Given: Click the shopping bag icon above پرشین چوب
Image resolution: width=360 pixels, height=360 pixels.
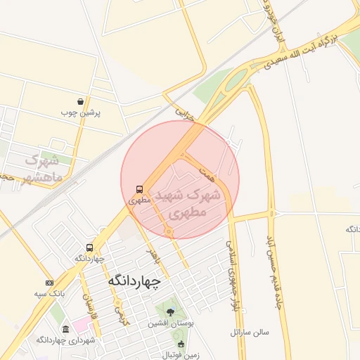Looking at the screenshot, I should [x=81, y=101].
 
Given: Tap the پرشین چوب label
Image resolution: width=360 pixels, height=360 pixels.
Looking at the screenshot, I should [x=81, y=112].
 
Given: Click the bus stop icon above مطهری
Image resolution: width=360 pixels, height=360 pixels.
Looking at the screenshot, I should [x=139, y=189].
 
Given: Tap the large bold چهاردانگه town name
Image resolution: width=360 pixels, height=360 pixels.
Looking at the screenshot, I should [x=134, y=281].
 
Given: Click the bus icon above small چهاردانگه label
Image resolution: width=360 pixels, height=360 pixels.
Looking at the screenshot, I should [x=89, y=247].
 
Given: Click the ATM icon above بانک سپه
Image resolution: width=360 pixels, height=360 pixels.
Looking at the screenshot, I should [x=48, y=283].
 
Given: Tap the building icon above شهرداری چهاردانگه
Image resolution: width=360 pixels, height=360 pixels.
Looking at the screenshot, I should [x=65, y=330].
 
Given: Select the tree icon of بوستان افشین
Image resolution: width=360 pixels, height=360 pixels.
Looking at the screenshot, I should [x=169, y=311].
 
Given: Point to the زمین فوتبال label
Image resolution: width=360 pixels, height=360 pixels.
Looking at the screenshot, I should [x=184, y=355].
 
